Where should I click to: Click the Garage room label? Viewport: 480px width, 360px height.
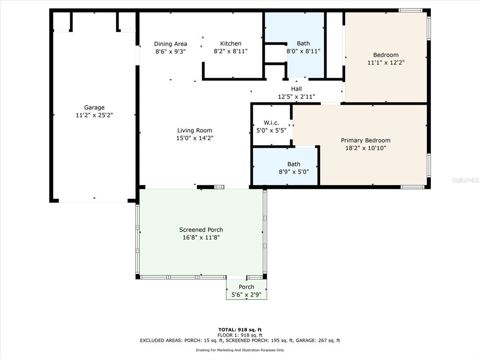[x=94, y=107]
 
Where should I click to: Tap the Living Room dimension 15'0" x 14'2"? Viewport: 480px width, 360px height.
[x=195, y=138]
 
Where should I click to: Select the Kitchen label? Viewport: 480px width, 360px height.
[x=231, y=44]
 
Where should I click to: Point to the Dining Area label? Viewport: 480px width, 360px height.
[x=171, y=44]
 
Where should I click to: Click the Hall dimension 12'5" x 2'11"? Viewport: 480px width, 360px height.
[x=296, y=97]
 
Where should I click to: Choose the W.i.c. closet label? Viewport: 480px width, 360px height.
[x=271, y=123]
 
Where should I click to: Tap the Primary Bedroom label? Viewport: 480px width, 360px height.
[x=366, y=141]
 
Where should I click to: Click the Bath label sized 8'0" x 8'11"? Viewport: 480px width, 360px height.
[x=303, y=44]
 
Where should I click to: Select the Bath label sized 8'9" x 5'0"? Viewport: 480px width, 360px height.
[x=293, y=164]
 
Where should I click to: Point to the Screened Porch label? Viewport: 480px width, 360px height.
[x=201, y=230]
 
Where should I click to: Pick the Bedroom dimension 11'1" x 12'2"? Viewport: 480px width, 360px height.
[x=386, y=63]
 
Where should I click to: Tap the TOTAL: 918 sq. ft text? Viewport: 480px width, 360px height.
[x=240, y=330]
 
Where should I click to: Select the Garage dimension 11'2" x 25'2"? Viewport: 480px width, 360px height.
[x=94, y=115]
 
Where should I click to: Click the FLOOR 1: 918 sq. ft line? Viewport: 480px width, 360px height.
[x=240, y=335]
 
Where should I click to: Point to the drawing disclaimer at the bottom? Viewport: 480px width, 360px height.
[x=240, y=350]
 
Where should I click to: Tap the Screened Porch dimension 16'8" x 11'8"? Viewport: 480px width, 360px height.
[x=201, y=238]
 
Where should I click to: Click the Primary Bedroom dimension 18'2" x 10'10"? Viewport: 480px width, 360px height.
[x=366, y=148]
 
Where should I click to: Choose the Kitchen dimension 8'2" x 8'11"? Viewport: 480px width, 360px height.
[x=231, y=52]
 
